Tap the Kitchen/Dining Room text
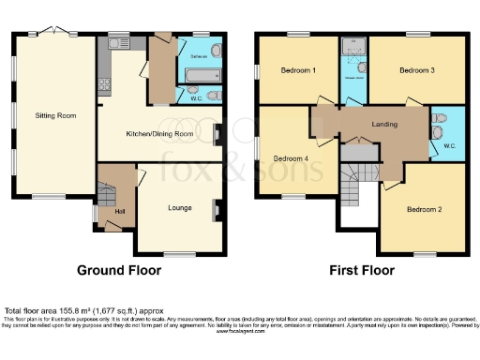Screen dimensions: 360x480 click(159, 134)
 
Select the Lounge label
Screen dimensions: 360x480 click(180, 207)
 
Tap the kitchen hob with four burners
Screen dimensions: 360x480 click(104, 81)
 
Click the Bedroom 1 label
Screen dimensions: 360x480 click(300, 70)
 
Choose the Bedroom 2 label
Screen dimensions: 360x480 click(425, 208)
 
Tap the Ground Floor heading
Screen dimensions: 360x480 click(118, 270)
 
